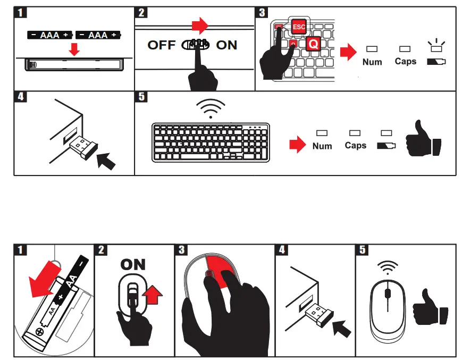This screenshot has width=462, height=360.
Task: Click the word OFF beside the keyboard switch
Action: click(161, 45)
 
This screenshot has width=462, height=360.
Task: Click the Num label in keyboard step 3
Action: click(372, 62)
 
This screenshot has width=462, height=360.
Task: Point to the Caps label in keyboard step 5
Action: click(355, 145)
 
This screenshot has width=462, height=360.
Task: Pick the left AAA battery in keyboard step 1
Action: click(51, 35)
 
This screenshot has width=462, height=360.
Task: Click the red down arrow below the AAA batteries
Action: click(75, 50)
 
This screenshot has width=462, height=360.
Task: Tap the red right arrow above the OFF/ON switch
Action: click(199, 24)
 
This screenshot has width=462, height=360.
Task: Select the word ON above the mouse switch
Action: click(133, 264)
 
